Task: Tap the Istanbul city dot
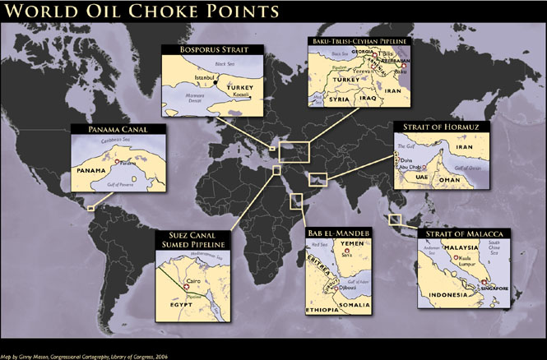(216, 83)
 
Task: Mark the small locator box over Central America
(90, 207)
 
